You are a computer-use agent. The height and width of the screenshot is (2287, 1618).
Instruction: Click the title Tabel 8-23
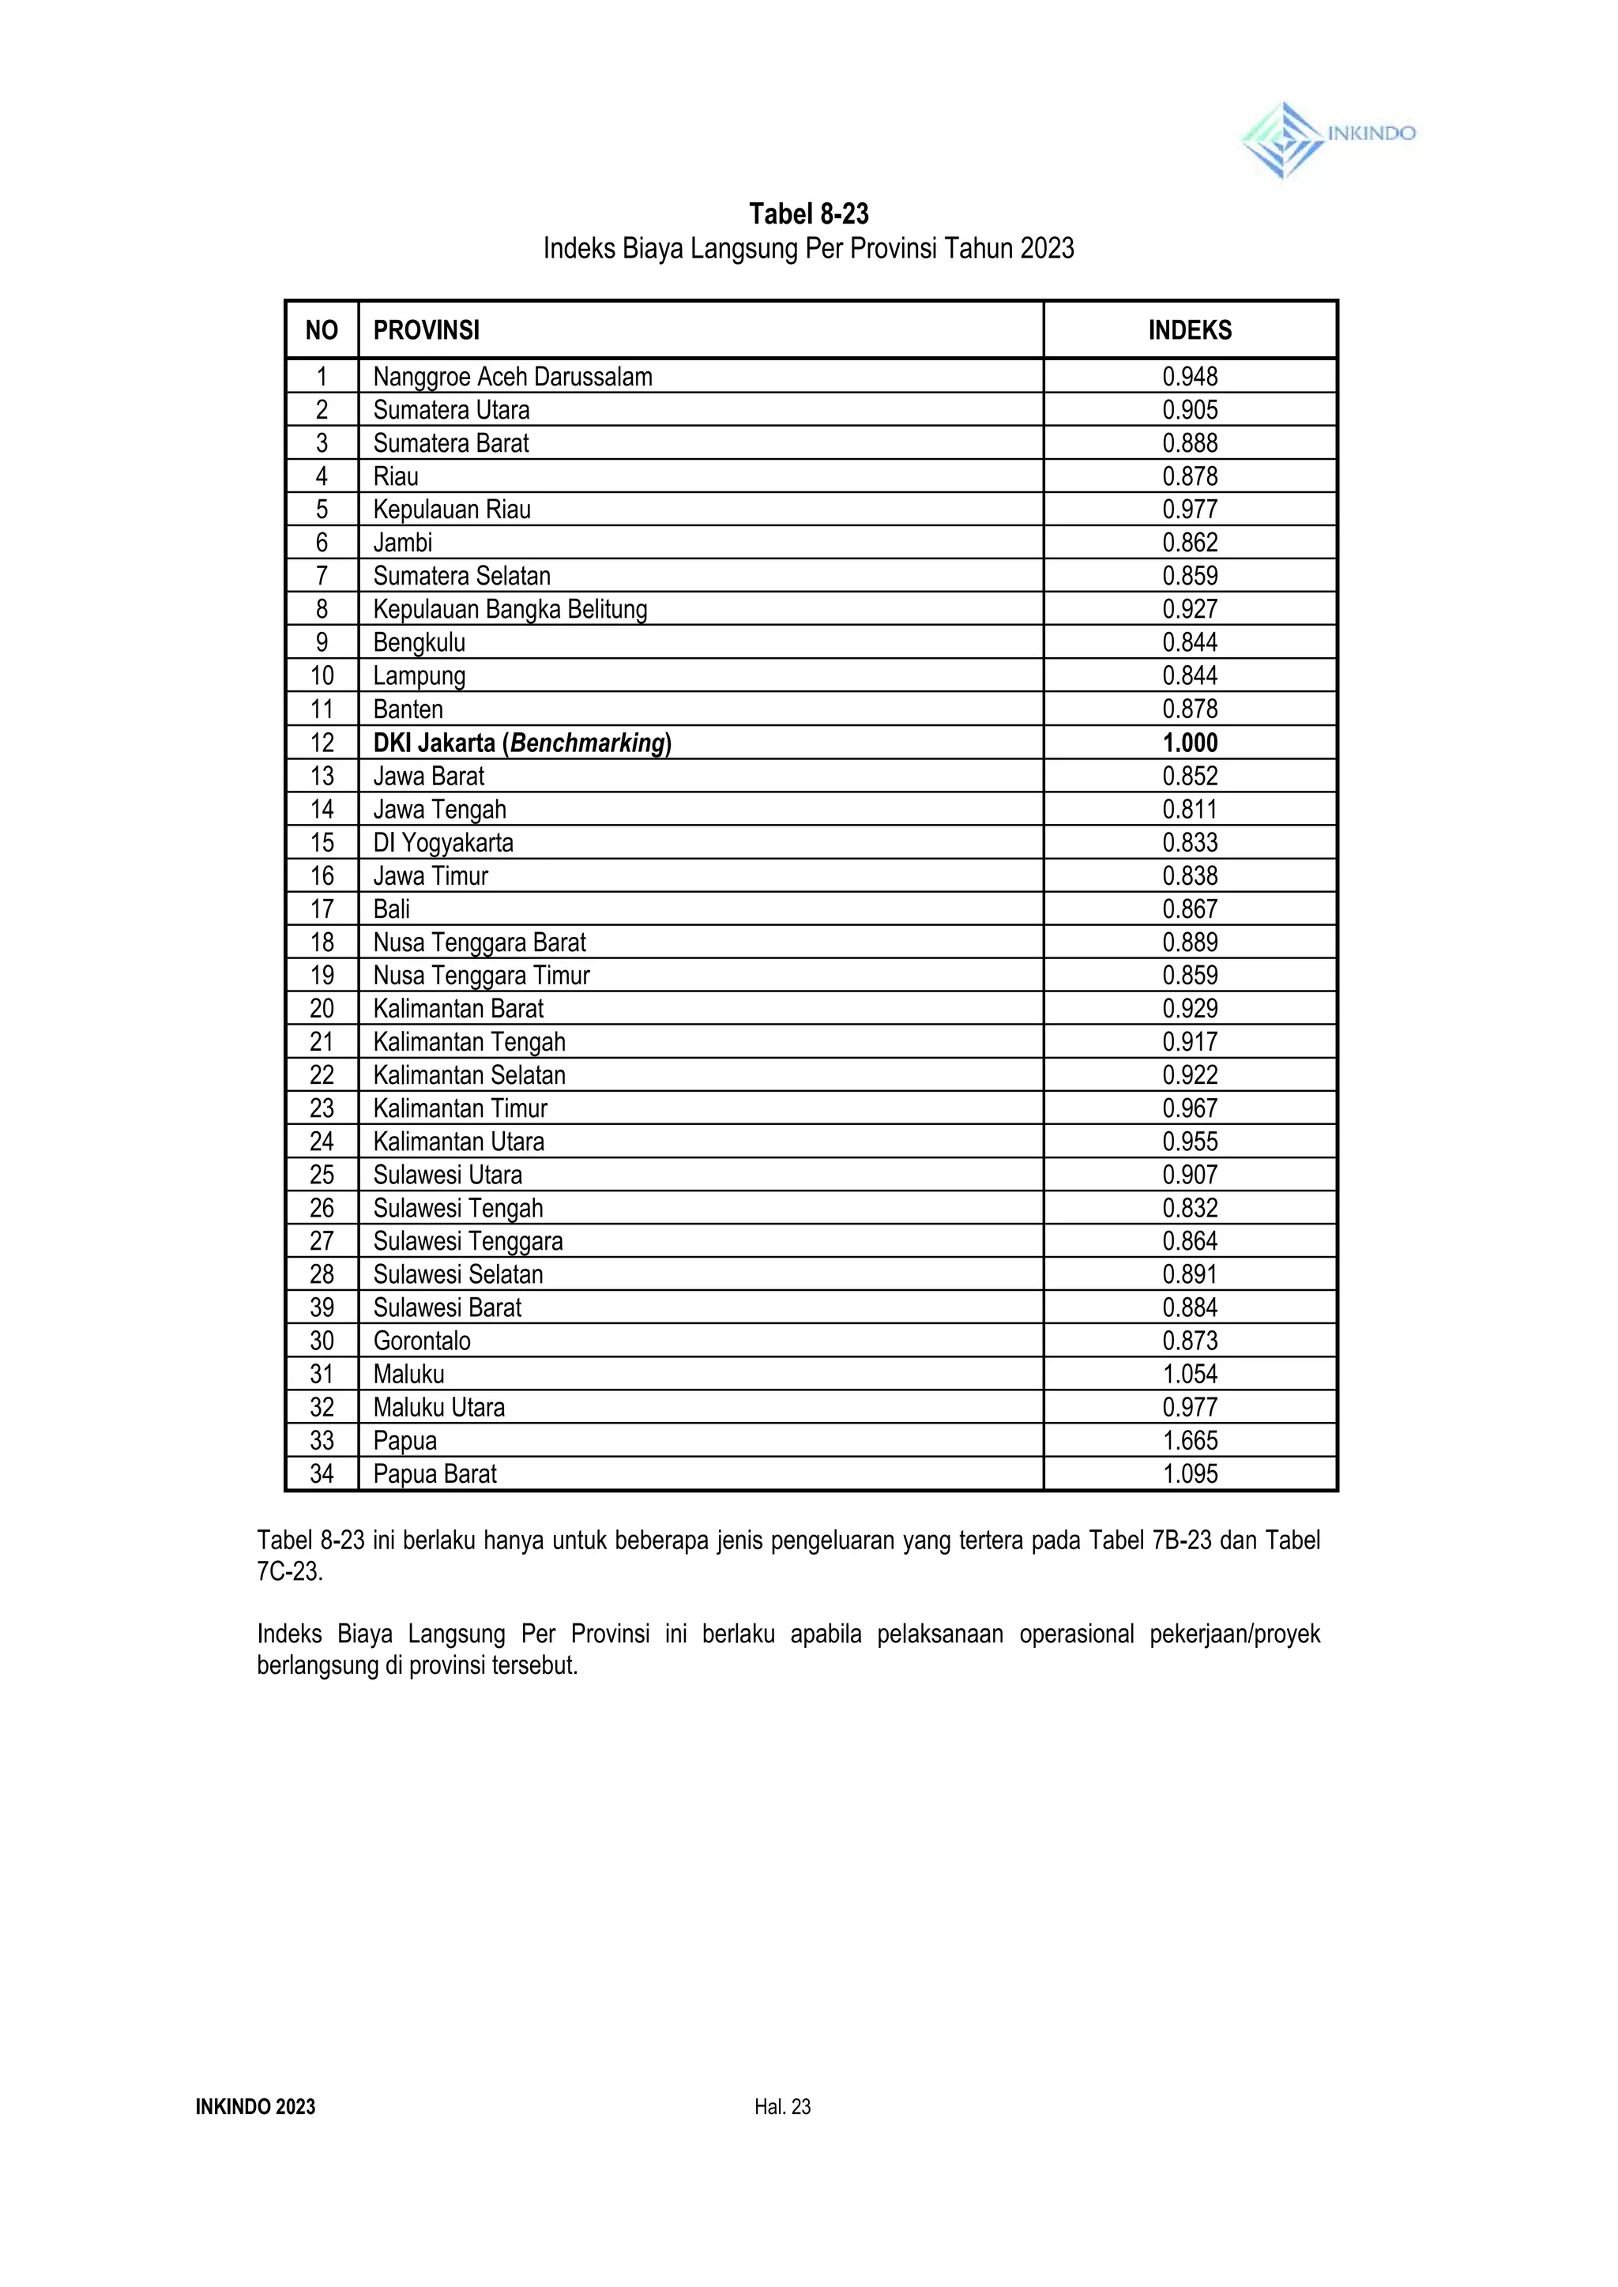click(808, 214)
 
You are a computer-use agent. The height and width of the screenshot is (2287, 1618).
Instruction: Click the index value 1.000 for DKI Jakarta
click(1190, 743)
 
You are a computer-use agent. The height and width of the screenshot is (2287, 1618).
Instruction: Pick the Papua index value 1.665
click(1190, 1440)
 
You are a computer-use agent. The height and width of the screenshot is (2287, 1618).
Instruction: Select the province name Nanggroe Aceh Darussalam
click(512, 378)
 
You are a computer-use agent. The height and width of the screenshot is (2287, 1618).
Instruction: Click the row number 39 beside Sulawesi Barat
click(322, 1308)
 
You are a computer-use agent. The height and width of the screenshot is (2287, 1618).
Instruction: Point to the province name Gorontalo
click(421, 1341)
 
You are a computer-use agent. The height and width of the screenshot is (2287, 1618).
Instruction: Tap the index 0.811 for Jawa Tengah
click(1190, 810)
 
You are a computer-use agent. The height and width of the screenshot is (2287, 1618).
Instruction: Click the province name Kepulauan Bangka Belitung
click(510, 610)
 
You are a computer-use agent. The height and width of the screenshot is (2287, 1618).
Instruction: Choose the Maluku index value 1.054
click(1190, 1375)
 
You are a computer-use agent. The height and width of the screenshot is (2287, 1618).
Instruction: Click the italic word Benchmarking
click(587, 743)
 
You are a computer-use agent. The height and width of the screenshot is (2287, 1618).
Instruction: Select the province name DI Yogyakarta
click(443, 843)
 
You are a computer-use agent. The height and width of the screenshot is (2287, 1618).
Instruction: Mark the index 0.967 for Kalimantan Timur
click(1190, 1108)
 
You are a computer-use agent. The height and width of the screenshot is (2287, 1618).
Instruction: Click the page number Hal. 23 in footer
click(782, 2107)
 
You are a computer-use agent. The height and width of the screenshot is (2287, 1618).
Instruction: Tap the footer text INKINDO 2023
click(255, 2107)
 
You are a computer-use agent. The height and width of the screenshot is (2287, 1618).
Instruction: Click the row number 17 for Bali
click(322, 909)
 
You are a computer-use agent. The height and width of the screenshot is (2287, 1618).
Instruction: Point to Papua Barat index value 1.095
click(1190, 1474)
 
